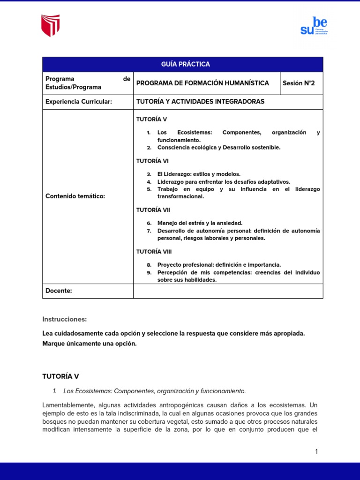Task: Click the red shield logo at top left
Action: (51, 26)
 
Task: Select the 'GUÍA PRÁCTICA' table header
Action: (182, 64)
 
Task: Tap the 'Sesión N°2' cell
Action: (299, 83)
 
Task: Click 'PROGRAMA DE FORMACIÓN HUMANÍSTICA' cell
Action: (202, 83)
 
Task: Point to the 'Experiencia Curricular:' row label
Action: (78, 102)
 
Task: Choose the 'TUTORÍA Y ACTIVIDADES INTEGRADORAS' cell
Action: (200, 102)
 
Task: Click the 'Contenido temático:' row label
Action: (75, 196)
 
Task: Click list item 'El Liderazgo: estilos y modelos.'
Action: (199, 174)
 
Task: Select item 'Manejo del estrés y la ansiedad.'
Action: (200, 224)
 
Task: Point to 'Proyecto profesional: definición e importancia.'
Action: (219, 265)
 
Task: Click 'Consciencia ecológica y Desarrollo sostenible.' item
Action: (219, 148)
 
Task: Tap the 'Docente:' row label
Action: (59, 291)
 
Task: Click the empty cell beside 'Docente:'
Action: (228, 291)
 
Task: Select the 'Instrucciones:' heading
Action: (64, 319)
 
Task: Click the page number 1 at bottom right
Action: (316, 451)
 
